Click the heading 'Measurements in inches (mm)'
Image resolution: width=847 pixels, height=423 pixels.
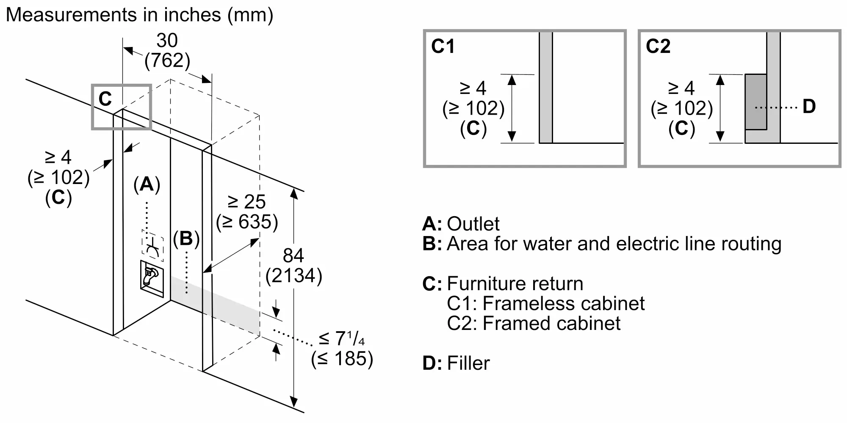[x=139, y=15]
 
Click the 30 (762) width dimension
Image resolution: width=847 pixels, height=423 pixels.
[x=167, y=50]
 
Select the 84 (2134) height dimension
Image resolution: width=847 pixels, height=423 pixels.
[x=294, y=266]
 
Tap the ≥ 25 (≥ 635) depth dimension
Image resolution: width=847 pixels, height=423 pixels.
[x=247, y=212]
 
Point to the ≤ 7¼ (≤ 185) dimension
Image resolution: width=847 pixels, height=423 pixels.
[x=342, y=349]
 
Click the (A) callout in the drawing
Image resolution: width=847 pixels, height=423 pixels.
[x=147, y=184]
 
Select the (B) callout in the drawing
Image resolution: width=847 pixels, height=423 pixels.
[x=186, y=239]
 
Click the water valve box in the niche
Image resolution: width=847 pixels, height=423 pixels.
[x=152, y=279]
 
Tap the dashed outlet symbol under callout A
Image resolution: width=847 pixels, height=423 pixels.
[x=152, y=245]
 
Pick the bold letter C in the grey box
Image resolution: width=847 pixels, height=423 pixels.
[x=105, y=99]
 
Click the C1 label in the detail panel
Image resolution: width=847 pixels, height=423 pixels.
[x=443, y=46]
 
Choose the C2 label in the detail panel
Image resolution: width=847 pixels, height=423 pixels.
[x=658, y=46]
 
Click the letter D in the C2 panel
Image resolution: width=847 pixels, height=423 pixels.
[x=809, y=106]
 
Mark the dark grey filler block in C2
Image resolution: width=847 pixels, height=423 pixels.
[x=756, y=102]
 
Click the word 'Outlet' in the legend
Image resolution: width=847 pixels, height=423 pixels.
[x=473, y=224]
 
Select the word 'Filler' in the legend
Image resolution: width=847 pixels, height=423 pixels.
[x=468, y=363]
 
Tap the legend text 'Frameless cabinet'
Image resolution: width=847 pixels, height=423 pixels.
[x=563, y=303]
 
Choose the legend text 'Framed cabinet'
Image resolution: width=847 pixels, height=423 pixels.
[x=551, y=323]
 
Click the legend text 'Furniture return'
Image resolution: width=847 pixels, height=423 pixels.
[x=515, y=283]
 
